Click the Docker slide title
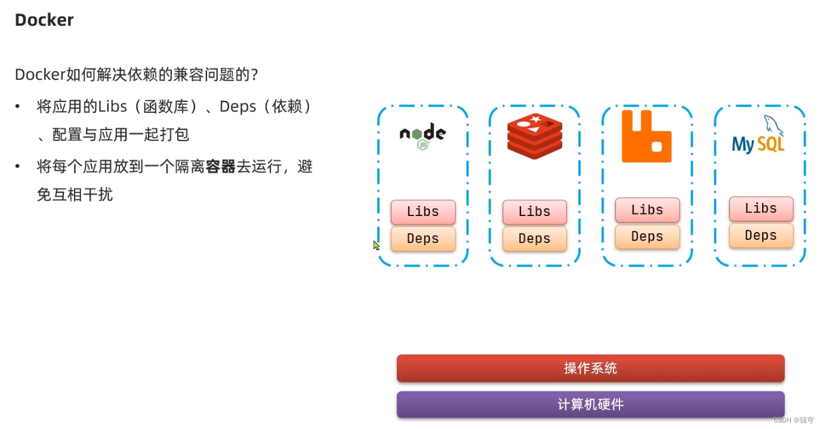[x=44, y=20]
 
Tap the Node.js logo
[x=423, y=136]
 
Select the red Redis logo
[x=535, y=136]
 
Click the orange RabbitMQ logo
[x=646, y=137]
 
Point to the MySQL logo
[x=759, y=137]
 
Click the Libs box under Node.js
[x=423, y=212]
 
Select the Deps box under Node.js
[x=423, y=239]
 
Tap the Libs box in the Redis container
[x=535, y=212]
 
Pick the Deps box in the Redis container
[x=535, y=239]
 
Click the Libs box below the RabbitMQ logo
[x=648, y=210]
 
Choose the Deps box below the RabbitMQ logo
[x=648, y=237]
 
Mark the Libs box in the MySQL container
[x=761, y=209]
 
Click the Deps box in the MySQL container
[x=761, y=236]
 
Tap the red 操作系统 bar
[x=590, y=368]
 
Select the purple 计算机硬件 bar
[x=590, y=405]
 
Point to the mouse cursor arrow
[x=376, y=245]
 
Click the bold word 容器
[x=220, y=166]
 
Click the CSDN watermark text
[x=793, y=420]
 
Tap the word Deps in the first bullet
[x=238, y=107]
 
